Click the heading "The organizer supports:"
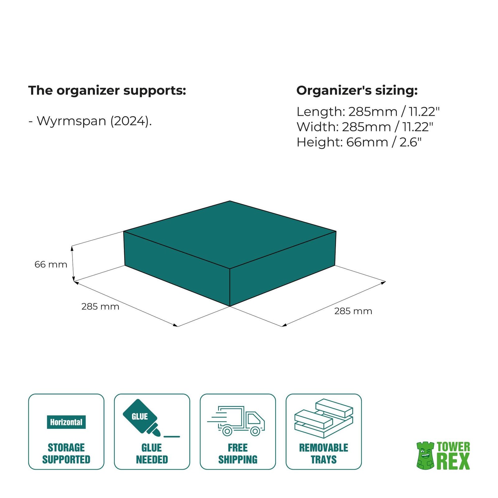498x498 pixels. (107, 91)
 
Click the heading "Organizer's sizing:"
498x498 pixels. (357, 91)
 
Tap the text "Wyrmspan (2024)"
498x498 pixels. (94, 121)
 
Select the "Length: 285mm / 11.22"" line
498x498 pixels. (368, 111)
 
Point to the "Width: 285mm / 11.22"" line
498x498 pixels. (365, 127)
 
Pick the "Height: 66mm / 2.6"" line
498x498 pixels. (359, 142)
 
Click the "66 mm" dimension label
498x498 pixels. (51, 264)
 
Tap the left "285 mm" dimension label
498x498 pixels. (100, 307)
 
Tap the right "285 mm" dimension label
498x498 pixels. (353, 311)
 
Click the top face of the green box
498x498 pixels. (230, 233)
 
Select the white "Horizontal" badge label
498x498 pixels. (66, 422)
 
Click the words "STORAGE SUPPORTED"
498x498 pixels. (66, 453)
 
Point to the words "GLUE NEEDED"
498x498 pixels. (152, 453)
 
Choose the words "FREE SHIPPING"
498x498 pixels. (238, 453)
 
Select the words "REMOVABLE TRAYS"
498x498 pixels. (324, 453)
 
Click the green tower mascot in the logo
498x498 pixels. (425, 456)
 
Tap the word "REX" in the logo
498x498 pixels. (453, 462)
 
